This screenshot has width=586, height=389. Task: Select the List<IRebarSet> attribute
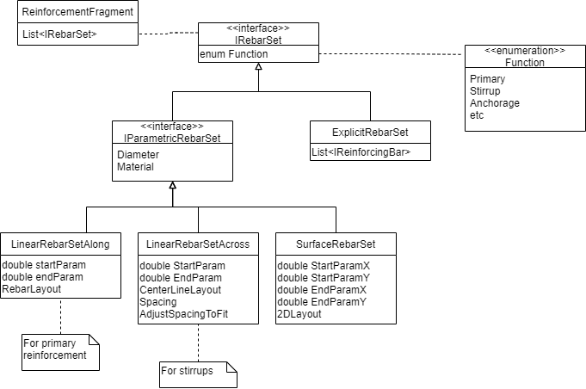pos(59,34)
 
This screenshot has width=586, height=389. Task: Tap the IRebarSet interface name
pos(258,40)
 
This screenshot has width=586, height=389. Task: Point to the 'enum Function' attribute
pos(234,54)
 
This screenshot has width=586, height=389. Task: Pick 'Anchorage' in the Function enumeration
pos(495,103)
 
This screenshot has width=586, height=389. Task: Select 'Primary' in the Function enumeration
pos(488,79)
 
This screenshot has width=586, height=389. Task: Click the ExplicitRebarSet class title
pos(370,133)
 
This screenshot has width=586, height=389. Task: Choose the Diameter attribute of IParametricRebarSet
pos(139,155)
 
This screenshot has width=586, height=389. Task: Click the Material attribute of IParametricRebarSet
pos(136,167)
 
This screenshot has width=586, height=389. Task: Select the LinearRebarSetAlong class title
pos(60,244)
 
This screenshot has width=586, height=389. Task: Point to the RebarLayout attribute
pos(32,288)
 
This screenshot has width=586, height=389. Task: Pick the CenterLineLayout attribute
pos(181,290)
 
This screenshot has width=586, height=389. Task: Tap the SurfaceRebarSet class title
pos(336,244)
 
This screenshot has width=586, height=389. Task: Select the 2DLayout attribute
pos(299,314)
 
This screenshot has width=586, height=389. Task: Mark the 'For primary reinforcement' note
pos(57,349)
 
